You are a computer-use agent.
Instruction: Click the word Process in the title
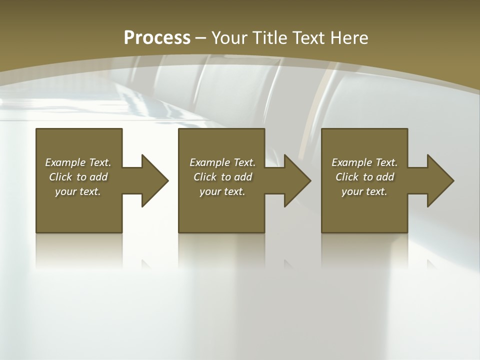157,38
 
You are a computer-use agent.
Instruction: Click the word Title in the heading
271,38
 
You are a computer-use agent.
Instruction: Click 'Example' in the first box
65,162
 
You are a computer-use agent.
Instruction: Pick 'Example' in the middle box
210,162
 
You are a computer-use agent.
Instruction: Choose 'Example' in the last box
352,162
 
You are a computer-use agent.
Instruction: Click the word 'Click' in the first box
60,177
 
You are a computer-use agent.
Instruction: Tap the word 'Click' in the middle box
205,177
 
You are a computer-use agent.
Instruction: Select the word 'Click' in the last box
347,177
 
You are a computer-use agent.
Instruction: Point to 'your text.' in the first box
78,191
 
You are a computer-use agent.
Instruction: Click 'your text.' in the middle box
222,191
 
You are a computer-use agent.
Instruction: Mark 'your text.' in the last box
364,191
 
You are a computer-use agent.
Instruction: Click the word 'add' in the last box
385,177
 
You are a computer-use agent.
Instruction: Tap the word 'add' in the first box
98,177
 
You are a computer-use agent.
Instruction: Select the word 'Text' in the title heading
306,38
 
